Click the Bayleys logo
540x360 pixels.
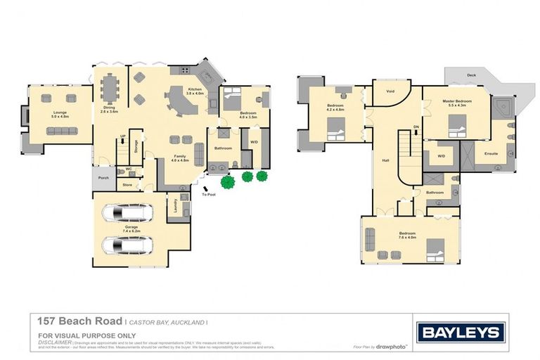pyautogui.click(x=461, y=332)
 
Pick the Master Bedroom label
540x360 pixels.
pyautogui.click(x=456, y=102)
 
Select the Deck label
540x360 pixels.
pyautogui.click(x=471, y=75)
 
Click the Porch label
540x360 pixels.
pyautogui.click(x=103, y=178)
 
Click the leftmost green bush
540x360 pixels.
pyautogui.click(x=227, y=182)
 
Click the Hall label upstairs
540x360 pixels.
pyautogui.click(x=385, y=159)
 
